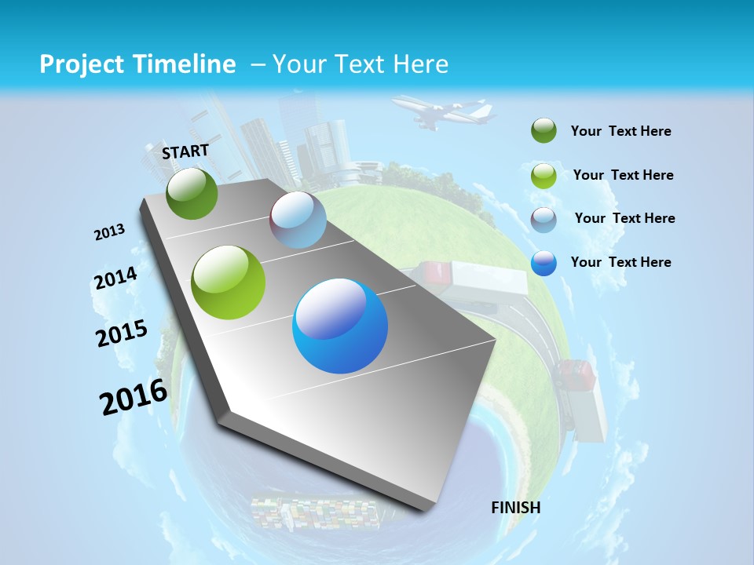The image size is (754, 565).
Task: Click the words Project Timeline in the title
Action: pyautogui.click(x=137, y=64)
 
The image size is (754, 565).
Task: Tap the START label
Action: pyautogui.click(x=185, y=151)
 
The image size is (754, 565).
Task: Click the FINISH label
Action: pyautogui.click(x=515, y=508)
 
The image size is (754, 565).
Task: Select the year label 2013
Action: pyautogui.click(x=109, y=232)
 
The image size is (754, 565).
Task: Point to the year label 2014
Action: pyautogui.click(x=115, y=279)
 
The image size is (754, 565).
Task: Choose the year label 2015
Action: pyautogui.click(x=122, y=334)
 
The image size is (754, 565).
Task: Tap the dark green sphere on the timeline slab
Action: pyautogui.click(x=192, y=193)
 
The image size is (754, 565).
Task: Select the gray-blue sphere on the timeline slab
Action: pyautogui.click(x=298, y=220)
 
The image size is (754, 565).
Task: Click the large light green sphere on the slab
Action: pyautogui.click(x=229, y=282)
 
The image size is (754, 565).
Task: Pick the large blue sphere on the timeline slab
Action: pyautogui.click(x=340, y=326)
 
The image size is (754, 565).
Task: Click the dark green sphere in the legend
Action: pyautogui.click(x=544, y=131)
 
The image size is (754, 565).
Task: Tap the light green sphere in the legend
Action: pyautogui.click(x=544, y=176)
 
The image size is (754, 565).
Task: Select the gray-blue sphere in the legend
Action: pyautogui.click(x=544, y=220)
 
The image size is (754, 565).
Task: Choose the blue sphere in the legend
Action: pyautogui.click(x=544, y=263)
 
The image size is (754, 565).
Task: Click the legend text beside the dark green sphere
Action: pyautogui.click(x=620, y=132)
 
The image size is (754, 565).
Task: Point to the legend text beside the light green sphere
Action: pyautogui.click(x=623, y=175)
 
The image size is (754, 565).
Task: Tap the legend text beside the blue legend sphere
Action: pyautogui.click(x=620, y=262)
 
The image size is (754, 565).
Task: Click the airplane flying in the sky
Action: pyautogui.click(x=443, y=112)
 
